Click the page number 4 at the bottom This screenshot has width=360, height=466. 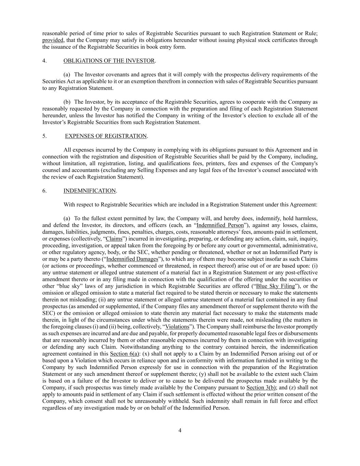click(x=180, y=430)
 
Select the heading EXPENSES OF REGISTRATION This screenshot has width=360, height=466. click(x=106, y=136)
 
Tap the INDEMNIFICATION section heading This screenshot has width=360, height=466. click(x=90, y=191)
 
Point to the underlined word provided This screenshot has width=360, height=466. click(x=53, y=40)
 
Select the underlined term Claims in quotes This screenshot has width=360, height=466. click(x=114, y=239)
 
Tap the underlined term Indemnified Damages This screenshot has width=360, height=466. click(x=132, y=259)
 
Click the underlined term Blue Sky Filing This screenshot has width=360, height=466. click(x=275, y=286)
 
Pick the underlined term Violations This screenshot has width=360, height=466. click(x=177, y=326)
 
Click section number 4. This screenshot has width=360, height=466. click(x=44, y=61)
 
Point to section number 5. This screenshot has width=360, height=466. click(x=44, y=136)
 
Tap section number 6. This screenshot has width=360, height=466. click(x=44, y=191)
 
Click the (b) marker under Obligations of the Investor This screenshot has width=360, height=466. click(x=67, y=102)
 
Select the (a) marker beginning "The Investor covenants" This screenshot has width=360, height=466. click(x=67, y=74)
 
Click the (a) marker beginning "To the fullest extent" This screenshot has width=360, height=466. click(x=67, y=218)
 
